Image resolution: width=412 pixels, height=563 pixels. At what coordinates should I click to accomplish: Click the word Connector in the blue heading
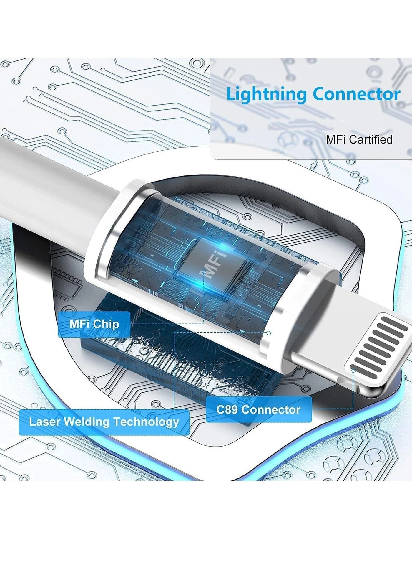[356, 94]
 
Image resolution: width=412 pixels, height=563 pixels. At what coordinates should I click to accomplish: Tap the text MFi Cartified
[359, 139]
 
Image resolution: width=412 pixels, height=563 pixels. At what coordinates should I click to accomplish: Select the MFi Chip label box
[94, 324]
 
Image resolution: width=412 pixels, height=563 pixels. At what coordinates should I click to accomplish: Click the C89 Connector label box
[258, 409]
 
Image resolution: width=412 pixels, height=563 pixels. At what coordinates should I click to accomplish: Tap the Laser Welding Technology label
[104, 422]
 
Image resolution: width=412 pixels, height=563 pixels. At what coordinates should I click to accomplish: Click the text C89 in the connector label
[227, 409]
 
